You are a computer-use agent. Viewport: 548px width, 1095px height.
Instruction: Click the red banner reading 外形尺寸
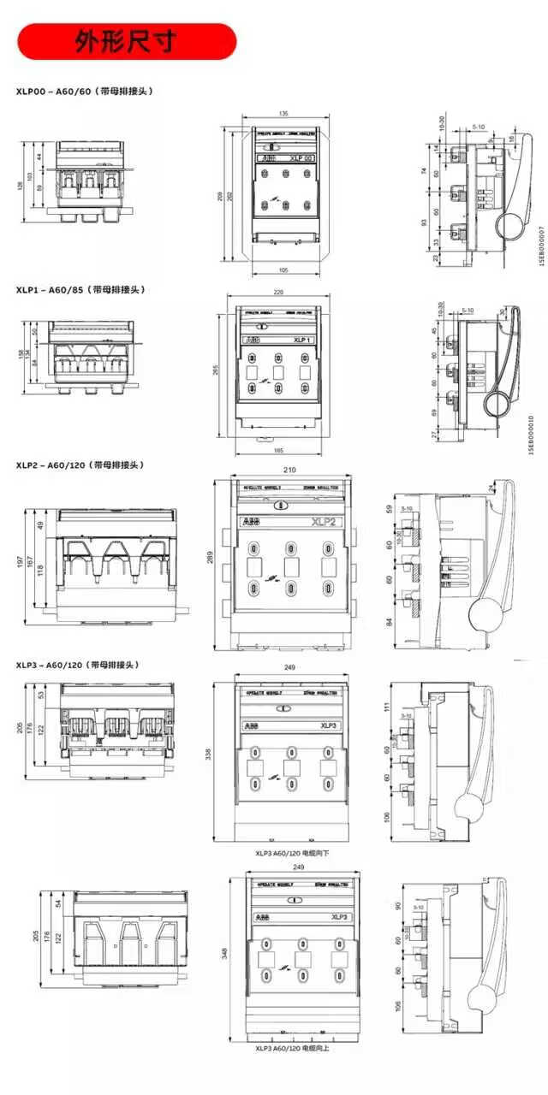[127, 41]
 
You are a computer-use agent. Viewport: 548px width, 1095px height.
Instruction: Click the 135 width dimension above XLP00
[284, 113]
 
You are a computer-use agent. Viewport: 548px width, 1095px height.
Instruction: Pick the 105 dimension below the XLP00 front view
[283, 270]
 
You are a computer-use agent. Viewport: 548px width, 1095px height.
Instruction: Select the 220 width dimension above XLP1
[278, 292]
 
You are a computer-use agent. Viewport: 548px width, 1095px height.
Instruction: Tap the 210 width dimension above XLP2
[289, 470]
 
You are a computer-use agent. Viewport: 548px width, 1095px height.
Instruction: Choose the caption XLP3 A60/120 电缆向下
[292, 853]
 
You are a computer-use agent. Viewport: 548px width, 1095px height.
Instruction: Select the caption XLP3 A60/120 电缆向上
[292, 1048]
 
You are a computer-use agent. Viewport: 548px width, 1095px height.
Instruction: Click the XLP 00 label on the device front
[302, 158]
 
